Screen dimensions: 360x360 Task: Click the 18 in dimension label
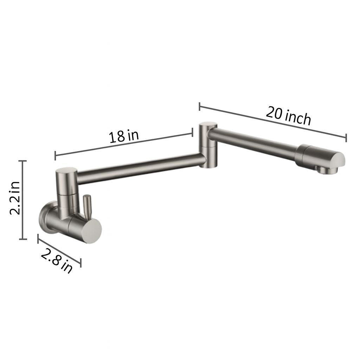click(x=124, y=136)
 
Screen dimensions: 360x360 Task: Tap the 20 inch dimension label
click(x=288, y=115)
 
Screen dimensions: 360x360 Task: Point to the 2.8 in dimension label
click(x=56, y=261)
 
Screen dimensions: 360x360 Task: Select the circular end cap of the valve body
click(x=90, y=230)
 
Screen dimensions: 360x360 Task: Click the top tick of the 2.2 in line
click(x=23, y=161)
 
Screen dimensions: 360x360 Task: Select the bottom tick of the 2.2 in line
click(x=23, y=239)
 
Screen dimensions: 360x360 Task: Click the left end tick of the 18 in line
click(x=55, y=155)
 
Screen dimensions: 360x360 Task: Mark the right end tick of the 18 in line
click(x=192, y=132)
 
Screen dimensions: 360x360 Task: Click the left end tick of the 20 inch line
click(x=199, y=107)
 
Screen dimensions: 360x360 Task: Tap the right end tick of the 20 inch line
click(x=346, y=138)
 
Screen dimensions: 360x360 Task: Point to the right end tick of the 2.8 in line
click(x=81, y=262)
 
